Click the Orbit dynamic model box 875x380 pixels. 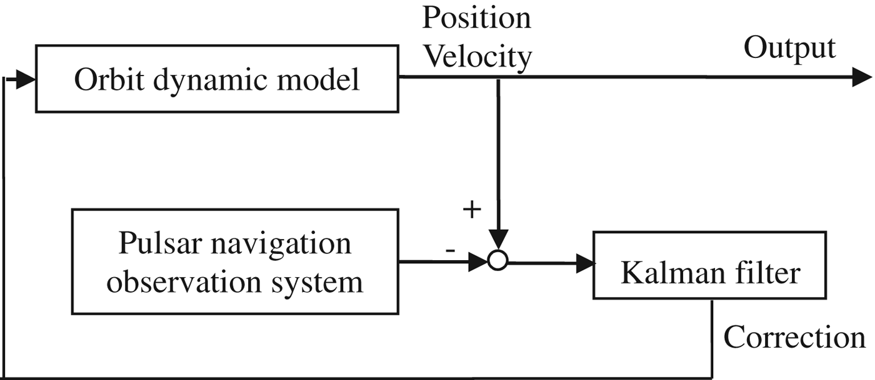tap(217, 79)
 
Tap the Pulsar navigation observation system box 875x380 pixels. tap(234, 262)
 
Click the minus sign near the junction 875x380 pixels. tap(449, 250)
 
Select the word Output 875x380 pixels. tap(789, 47)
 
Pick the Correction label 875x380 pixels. tap(794, 338)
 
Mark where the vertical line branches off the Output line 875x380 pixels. tap(497, 77)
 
